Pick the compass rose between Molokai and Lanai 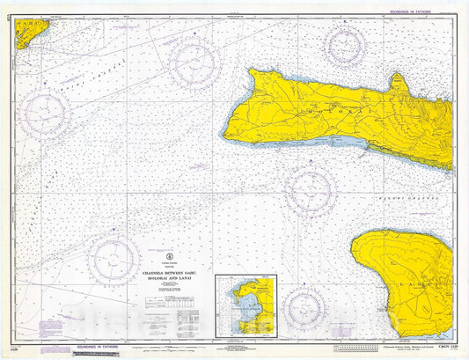point(310,190)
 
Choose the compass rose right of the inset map point(304,307)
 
